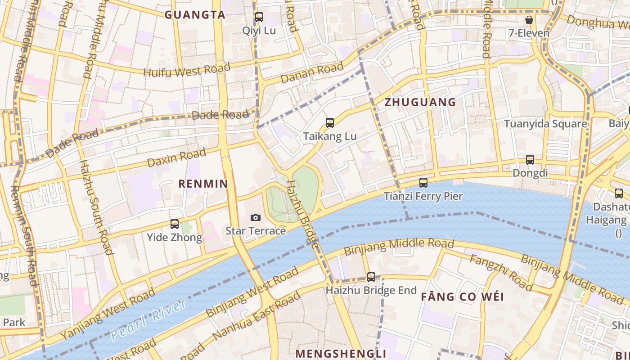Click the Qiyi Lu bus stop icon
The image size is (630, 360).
(x=259, y=18)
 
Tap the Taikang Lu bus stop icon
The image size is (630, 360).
(x=330, y=123)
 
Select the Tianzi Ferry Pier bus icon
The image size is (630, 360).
(x=423, y=183)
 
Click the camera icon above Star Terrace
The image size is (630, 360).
(x=255, y=218)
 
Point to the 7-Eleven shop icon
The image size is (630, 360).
(x=529, y=20)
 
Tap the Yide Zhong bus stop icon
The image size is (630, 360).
(x=175, y=224)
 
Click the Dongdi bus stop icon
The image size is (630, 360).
(x=530, y=160)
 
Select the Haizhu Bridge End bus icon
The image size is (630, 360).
(x=371, y=277)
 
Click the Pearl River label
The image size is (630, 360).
(x=148, y=319)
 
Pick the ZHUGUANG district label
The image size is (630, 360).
(x=420, y=102)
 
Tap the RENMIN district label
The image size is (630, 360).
(x=203, y=184)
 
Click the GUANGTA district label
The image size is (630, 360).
(x=194, y=15)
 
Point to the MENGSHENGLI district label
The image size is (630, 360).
(x=341, y=353)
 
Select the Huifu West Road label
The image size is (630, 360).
(x=187, y=70)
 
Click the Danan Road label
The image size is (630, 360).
(x=311, y=73)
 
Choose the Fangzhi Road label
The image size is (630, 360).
(x=501, y=272)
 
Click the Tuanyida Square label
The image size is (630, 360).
(x=545, y=124)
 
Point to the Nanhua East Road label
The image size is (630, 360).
(x=256, y=317)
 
